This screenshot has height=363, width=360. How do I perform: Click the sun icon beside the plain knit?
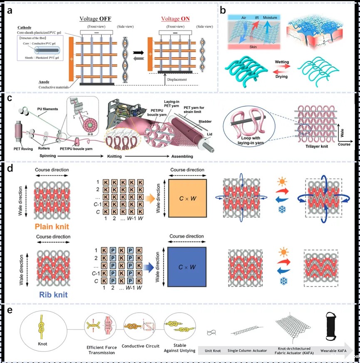click(281, 182)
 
